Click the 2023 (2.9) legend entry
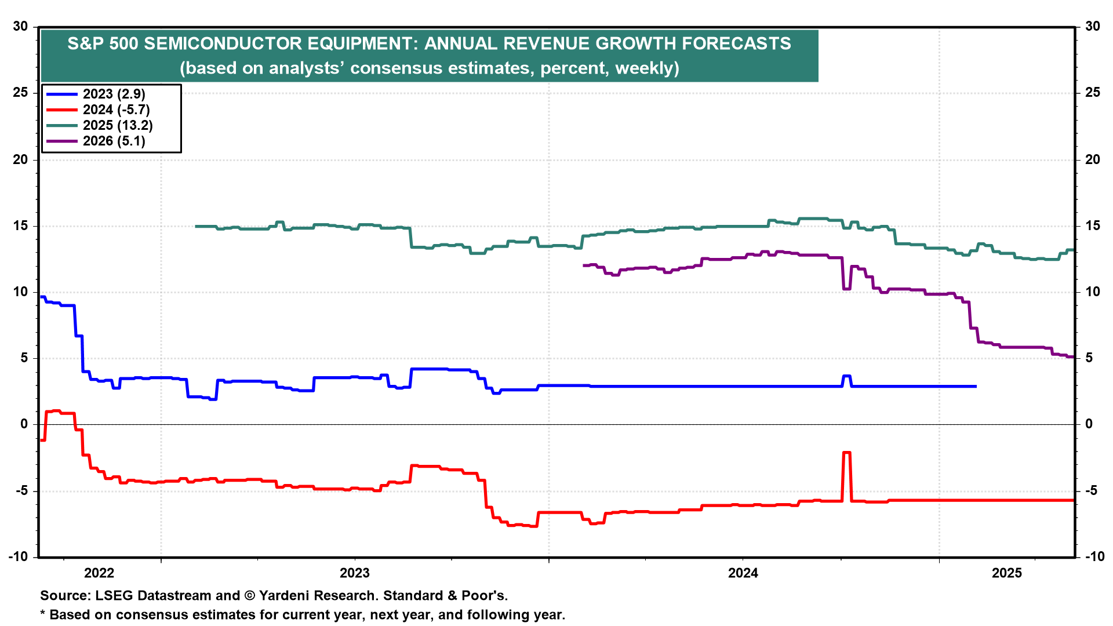pos(114,94)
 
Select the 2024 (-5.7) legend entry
pos(116,110)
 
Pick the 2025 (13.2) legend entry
pos(118,125)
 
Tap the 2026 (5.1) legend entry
pos(114,141)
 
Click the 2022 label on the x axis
pos(99,573)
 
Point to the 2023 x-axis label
pos(354,573)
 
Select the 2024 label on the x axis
pos(743,573)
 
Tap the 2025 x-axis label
pos(1007,573)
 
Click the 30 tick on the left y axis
pos(21,26)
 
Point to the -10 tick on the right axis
pos(1094,556)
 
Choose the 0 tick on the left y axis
pos(24,424)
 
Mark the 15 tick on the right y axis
pos(1093,226)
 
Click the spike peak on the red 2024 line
pos(846,453)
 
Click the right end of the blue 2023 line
pos(976,386)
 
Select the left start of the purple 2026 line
pos(584,265)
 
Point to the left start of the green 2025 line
pos(196,226)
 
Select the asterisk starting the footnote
pos(42,614)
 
